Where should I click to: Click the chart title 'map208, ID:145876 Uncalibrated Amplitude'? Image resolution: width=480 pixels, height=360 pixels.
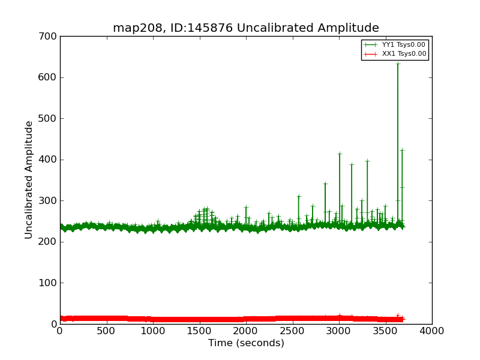(x=246, y=28)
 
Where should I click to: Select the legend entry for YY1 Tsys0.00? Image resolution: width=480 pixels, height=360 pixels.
(x=403, y=44)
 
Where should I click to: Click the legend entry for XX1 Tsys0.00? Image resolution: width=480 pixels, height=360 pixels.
(x=403, y=53)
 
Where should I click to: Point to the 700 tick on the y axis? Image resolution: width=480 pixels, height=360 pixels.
(x=49, y=37)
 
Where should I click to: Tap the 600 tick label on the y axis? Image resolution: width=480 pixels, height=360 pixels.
(x=49, y=77)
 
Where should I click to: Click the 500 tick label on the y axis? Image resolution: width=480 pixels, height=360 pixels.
(x=49, y=119)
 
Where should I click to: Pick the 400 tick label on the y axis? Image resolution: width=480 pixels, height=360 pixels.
(x=49, y=160)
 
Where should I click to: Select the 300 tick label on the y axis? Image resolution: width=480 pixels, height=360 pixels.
(x=49, y=201)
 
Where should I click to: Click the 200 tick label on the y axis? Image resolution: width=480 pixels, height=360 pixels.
(x=49, y=242)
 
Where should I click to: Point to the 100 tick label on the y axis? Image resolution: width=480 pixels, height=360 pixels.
(x=49, y=283)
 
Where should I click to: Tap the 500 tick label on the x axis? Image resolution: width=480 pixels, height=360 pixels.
(x=106, y=331)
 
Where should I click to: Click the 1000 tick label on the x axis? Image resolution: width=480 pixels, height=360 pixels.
(x=153, y=331)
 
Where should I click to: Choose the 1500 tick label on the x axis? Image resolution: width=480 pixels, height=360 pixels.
(x=199, y=331)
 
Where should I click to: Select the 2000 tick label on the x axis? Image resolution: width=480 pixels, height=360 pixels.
(x=246, y=331)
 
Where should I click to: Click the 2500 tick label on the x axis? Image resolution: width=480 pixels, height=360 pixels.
(x=292, y=331)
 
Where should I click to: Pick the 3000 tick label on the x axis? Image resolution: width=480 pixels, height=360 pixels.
(x=339, y=331)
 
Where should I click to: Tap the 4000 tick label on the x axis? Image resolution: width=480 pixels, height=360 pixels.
(x=432, y=331)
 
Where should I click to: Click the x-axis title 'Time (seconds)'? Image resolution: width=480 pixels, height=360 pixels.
(x=246, y=343)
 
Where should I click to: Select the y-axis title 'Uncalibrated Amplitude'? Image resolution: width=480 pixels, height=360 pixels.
(x=29, y=180)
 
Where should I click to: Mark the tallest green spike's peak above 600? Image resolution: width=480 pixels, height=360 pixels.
(x=397, y=64)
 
